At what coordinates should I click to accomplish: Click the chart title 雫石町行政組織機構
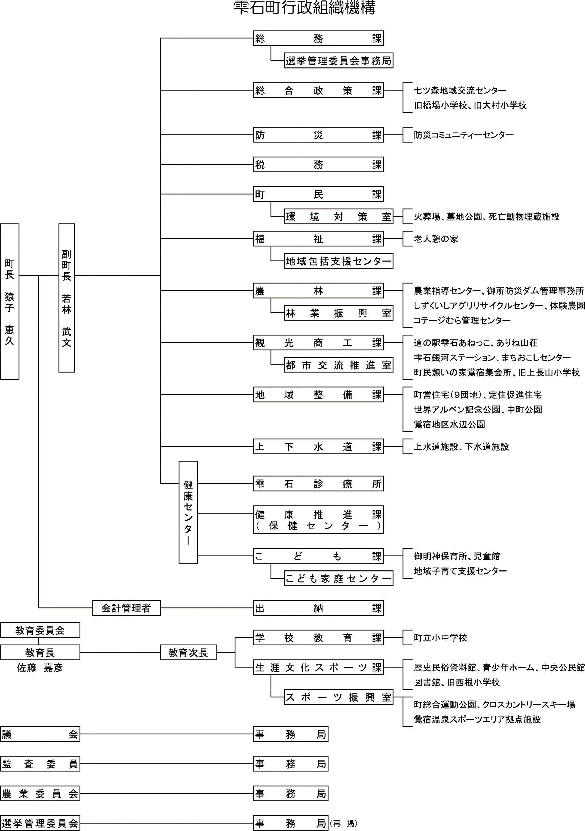[x=304, y=8]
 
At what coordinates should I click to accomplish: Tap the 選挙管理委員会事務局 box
[x=338, y=61]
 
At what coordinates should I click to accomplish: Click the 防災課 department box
[x=318, y=135]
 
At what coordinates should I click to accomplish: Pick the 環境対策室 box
[x=338, y=217]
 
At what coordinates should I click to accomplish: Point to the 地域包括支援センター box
[x=338, y=261]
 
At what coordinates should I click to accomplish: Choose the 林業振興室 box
[x=338, y=313]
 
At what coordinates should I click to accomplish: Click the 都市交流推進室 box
[x=338, y=365]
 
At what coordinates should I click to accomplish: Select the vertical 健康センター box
[x=188, y=512]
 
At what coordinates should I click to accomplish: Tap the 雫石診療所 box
[x=318, y=484]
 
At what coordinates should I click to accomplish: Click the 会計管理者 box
[x=126, y=608]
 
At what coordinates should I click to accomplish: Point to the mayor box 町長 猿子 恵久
[x=9, y=302]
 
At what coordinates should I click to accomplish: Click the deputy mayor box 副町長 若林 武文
[x=67, y=298]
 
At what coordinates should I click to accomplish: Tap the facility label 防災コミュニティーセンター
[x=464, y=135]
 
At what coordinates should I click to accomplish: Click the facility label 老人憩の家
[x=436, y=239]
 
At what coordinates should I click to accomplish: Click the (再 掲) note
[x=343, y=823]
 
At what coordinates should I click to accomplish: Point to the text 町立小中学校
[x=440, y=638]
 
